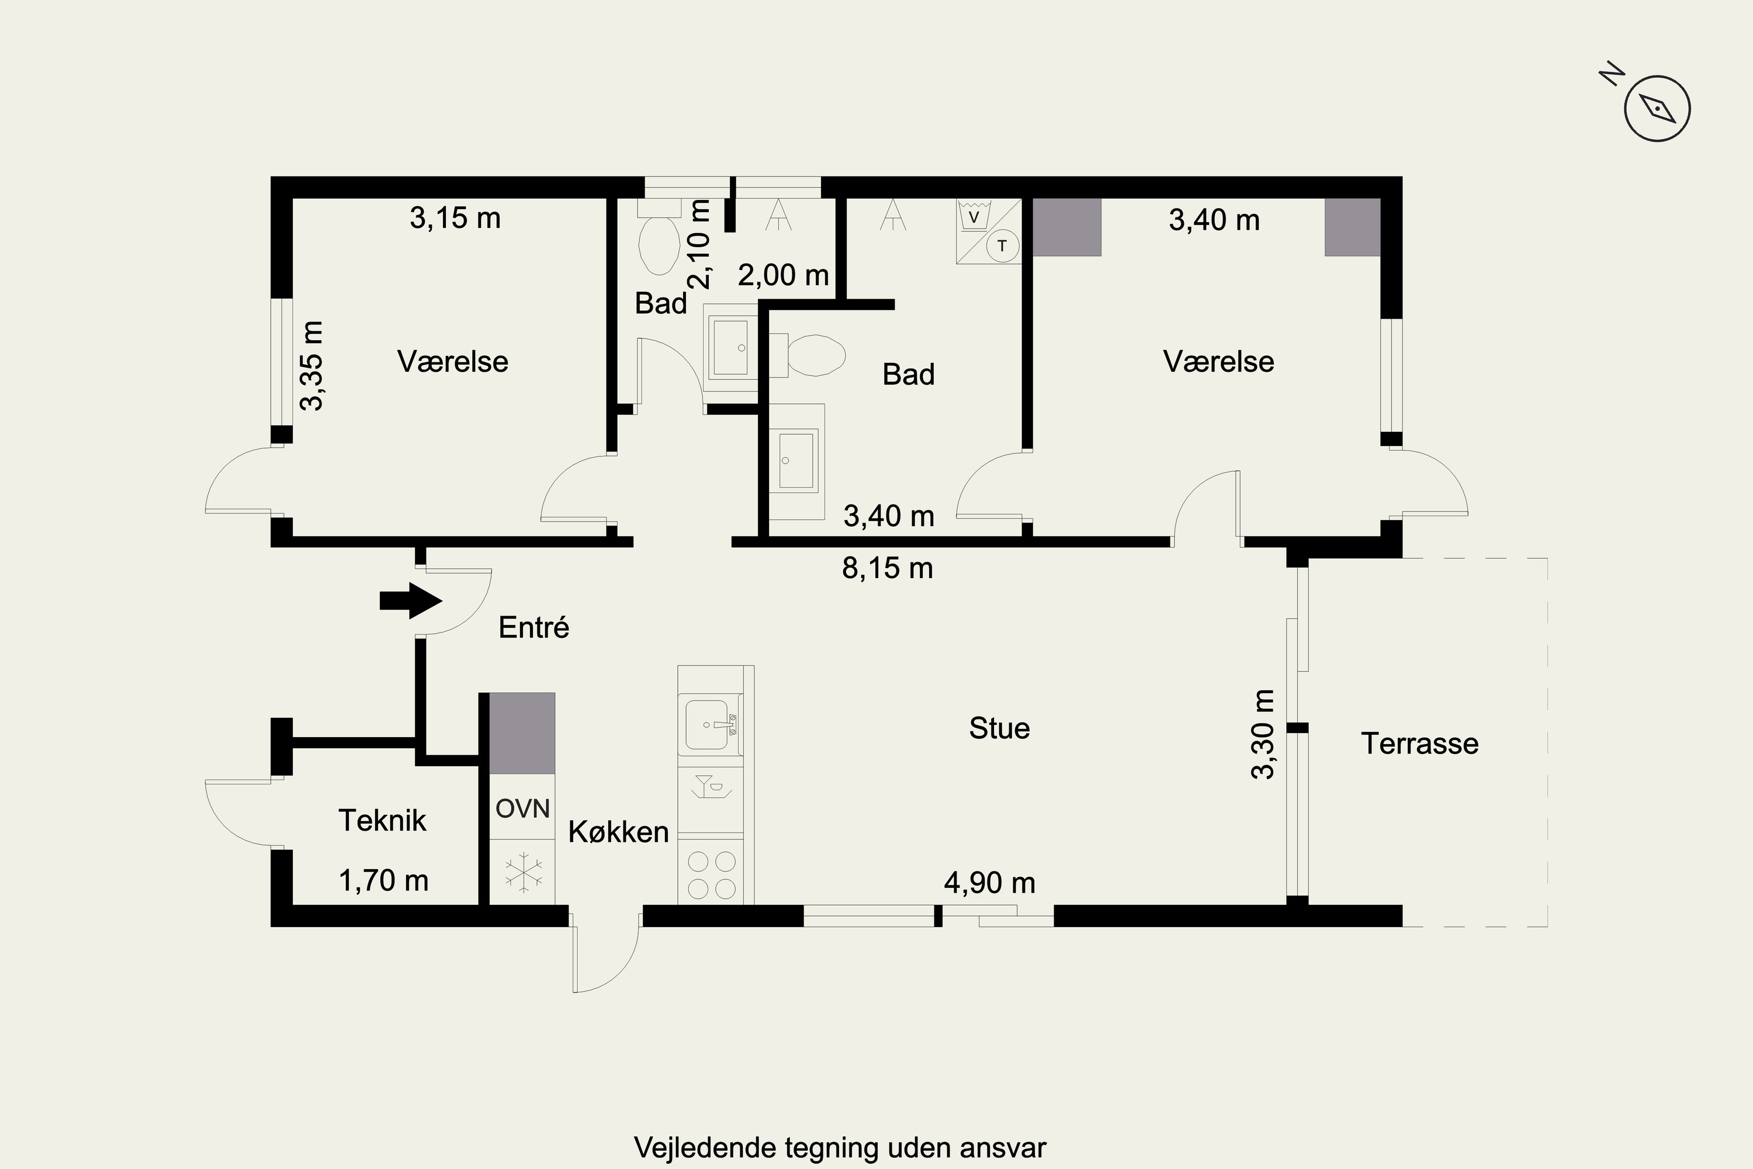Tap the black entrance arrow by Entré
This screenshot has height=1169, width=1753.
click(x=411, y=600)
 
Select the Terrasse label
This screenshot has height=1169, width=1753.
click(x=1419, y=743)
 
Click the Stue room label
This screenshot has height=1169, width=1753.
click(x=999, y=728)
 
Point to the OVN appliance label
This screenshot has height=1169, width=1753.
click(x=522, y=808)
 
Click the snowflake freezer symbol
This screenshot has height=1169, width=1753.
click(x=523, y=871)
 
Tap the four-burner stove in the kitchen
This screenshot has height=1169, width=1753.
click(x=711, y=874)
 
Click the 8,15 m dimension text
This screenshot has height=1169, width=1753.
click(x=887, y=569)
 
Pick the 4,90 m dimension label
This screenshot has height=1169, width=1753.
click(x=989, y=883)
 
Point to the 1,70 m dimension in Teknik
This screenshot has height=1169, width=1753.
click(x=383, y=880)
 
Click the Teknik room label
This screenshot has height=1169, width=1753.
click(x=382, y=820)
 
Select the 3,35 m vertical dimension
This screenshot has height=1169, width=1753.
click(x=311, y=366)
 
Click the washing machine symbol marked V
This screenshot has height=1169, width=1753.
click(x=973, y=216)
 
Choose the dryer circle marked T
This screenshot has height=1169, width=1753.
click(x=1003, y=246)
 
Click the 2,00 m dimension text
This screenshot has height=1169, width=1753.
click(x=784, y=275)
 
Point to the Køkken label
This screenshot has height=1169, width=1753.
click(x=619, y=832)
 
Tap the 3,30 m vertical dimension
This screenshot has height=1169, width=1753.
click(x=1263, y=734)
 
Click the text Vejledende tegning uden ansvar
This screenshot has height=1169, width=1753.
click(x=840, y=1147)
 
